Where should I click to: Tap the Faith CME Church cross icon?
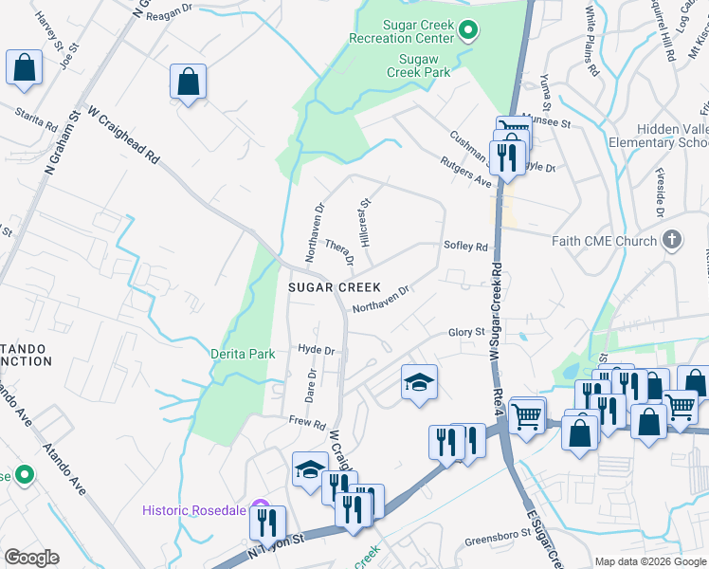pos(672,240)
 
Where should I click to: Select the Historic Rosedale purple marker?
pos(263,509)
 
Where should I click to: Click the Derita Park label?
pos(243,354)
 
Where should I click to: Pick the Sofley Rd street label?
pos(465,247)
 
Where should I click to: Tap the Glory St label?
pos(466,332)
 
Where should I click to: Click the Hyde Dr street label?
pos(317,350)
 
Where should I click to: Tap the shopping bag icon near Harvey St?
pos(24,68)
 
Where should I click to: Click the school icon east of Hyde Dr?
pos(419,382)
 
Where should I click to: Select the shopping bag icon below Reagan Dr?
pos(189,82)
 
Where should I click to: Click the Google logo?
pos(31,558)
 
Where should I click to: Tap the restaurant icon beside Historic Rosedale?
pos(270,521)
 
